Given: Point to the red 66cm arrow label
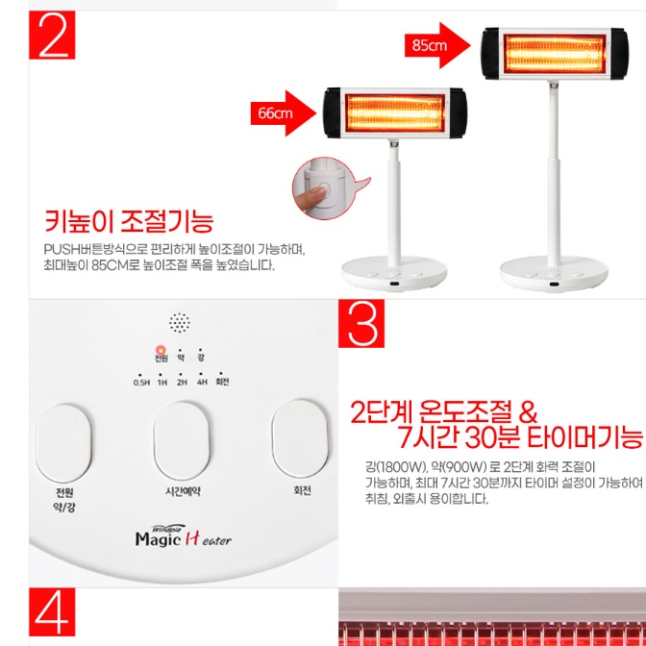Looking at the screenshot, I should pyautogui.click(x=282, y=112).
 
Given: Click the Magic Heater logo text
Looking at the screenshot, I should pyautogui.click(x=183, y=540).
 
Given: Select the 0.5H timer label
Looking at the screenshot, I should pyautogui.click(x=141, y=381).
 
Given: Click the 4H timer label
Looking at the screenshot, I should pyautogui.click(x=202, y=381).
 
